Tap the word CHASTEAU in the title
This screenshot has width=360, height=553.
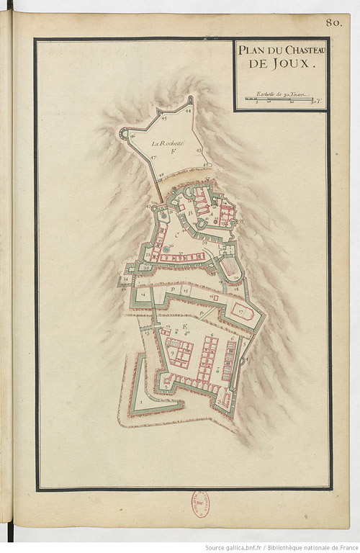click(x=299, y=49)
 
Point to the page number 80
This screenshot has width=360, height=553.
click(x=333, y=22)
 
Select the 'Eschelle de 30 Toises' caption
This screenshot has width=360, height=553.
click(x=282, y=94)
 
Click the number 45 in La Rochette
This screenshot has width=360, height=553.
click(x=164, y=117)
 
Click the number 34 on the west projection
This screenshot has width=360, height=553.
click(x=126, y=278)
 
